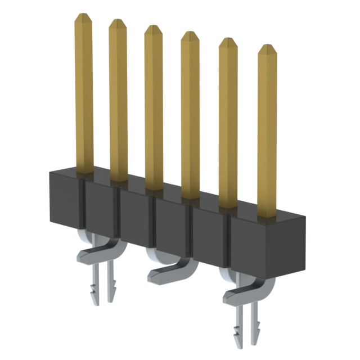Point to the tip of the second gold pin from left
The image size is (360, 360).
point(118,23)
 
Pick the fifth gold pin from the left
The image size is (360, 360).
point(228,124)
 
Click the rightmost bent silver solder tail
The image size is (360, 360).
point(247,292)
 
